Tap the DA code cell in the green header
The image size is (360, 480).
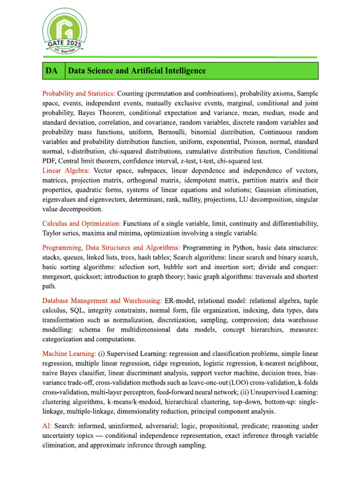[52, 71]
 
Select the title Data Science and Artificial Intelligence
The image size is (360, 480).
[137, 71]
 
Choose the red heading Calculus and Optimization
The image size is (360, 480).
[82, 224]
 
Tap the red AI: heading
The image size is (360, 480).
[47, 426]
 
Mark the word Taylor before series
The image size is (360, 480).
[52, 233]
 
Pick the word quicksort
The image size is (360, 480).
[86, 276]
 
